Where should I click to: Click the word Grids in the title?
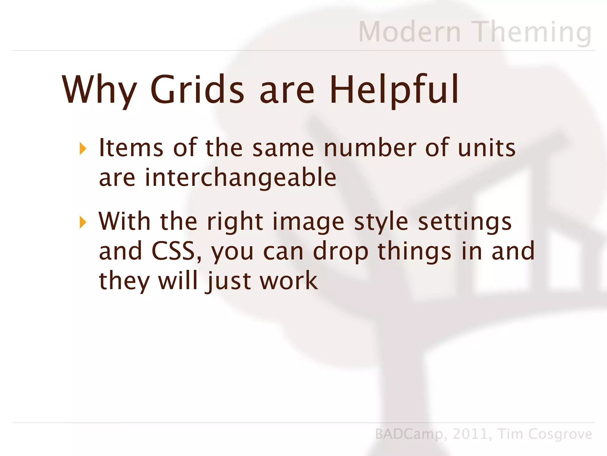[x=197, y=89]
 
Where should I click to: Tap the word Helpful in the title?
[x=394, y=89]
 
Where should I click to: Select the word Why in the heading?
[x=99, y=89]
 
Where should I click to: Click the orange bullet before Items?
[x=83, y=148]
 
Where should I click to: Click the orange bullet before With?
[x=83, y=222]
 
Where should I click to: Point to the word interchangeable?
[x=240, y=178]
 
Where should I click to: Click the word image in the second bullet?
[x=308, y=222]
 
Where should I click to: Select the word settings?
[x=464, y=222]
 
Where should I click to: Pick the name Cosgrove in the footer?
[x=560, y=434]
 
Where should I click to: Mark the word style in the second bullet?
[x=381, y=222]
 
